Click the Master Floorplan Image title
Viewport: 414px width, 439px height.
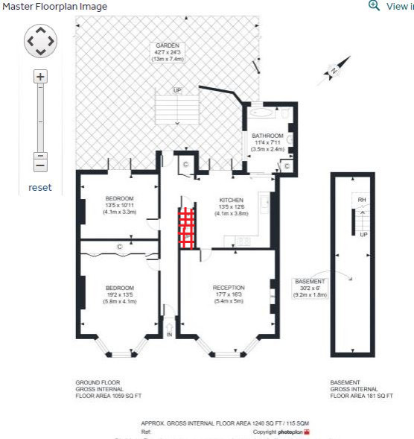tap(54, 7)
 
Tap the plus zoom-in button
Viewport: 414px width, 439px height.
tap(40, 76)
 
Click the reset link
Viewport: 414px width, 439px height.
tap(40, 187)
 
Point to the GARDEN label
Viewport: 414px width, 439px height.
tap(168, 45)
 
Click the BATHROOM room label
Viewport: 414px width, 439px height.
tap(267, 136)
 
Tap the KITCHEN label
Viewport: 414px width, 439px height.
tap(231, 200)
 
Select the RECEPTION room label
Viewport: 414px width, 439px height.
tap(228, 288)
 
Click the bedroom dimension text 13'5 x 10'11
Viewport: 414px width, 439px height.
tap(119, 205)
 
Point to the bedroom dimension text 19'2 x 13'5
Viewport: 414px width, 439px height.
tap(119, 294)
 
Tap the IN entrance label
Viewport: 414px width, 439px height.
tap(169, 335)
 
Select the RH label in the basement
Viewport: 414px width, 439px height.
tap(362, 200)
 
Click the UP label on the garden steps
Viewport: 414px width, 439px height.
tap(176, 90)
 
